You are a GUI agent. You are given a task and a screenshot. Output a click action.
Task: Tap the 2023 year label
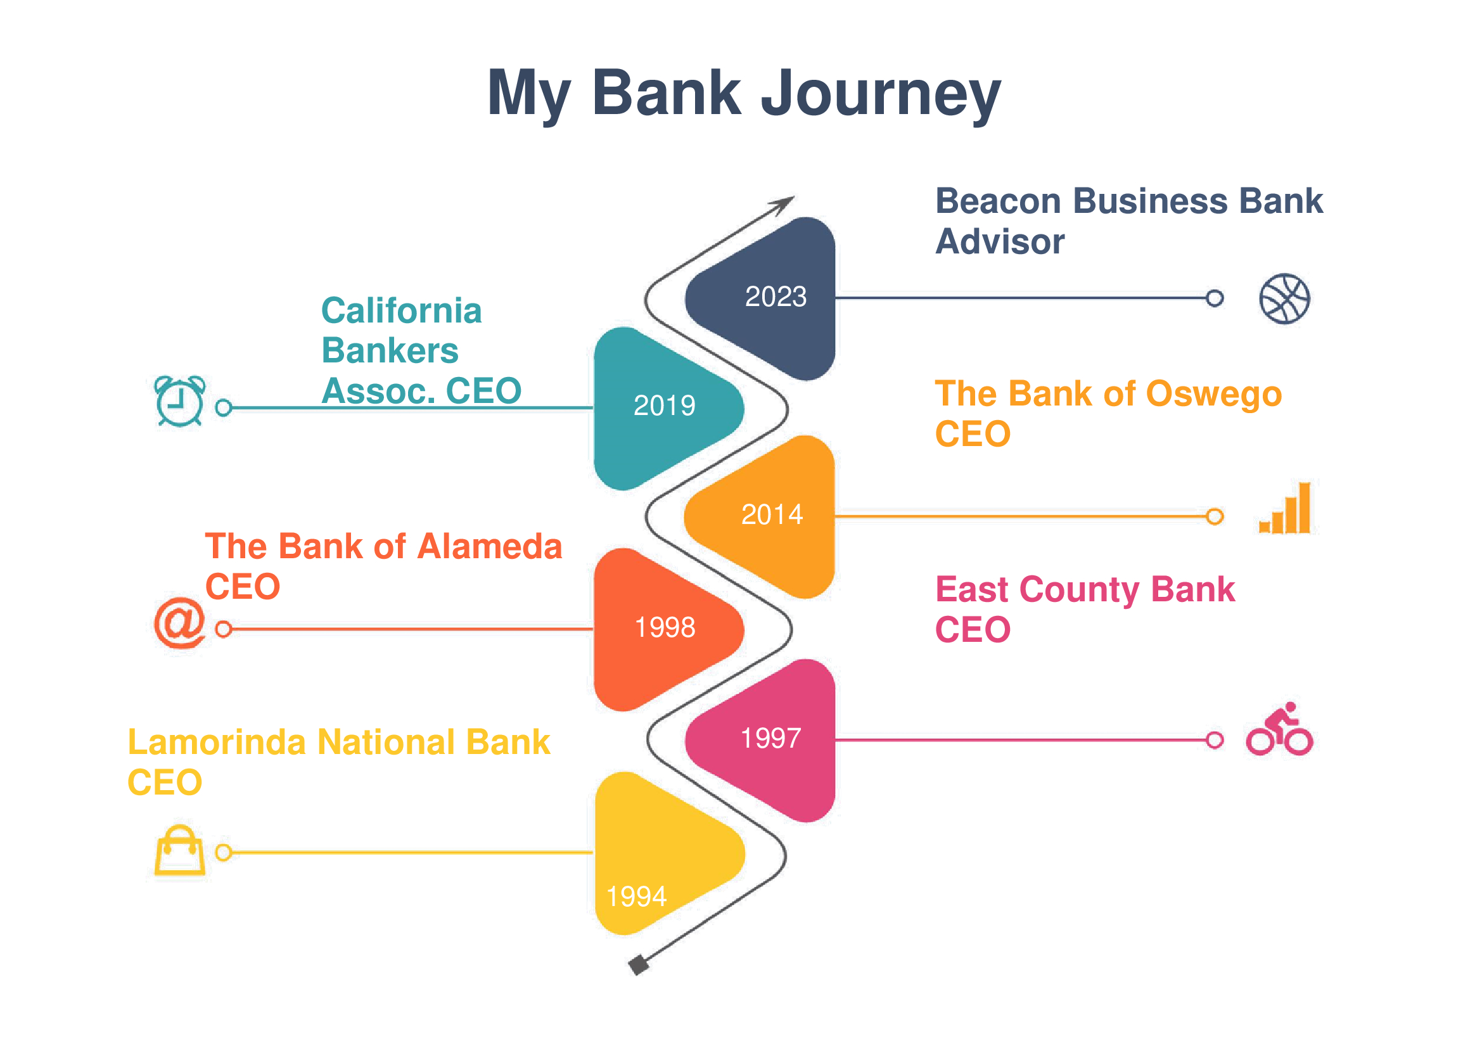point(776,297)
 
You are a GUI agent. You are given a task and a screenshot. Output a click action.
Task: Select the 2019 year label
point(664,406)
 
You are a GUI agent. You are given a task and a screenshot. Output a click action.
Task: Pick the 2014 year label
point(772,515)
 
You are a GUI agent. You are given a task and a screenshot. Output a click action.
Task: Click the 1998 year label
point(665,628)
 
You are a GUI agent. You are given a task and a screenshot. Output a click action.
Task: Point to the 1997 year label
point(770,739)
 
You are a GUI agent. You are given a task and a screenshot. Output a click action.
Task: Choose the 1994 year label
point(636,897)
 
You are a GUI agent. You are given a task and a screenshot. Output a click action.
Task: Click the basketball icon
point(1284,299)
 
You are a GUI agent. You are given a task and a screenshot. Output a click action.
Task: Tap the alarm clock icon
point(180,400)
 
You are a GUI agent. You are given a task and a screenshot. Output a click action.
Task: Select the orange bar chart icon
point(1284,508)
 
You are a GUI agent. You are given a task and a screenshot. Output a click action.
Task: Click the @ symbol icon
point(180,623)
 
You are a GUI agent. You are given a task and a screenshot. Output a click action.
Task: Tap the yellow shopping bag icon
point(180,850)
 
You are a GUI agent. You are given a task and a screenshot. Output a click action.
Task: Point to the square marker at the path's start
point(639,966)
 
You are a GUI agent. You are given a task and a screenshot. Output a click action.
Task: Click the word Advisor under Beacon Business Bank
point(1000,243)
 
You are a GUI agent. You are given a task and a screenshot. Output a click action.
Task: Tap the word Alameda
point(490,547)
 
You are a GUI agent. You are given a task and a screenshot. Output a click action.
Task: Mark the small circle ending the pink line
point(1214,740)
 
